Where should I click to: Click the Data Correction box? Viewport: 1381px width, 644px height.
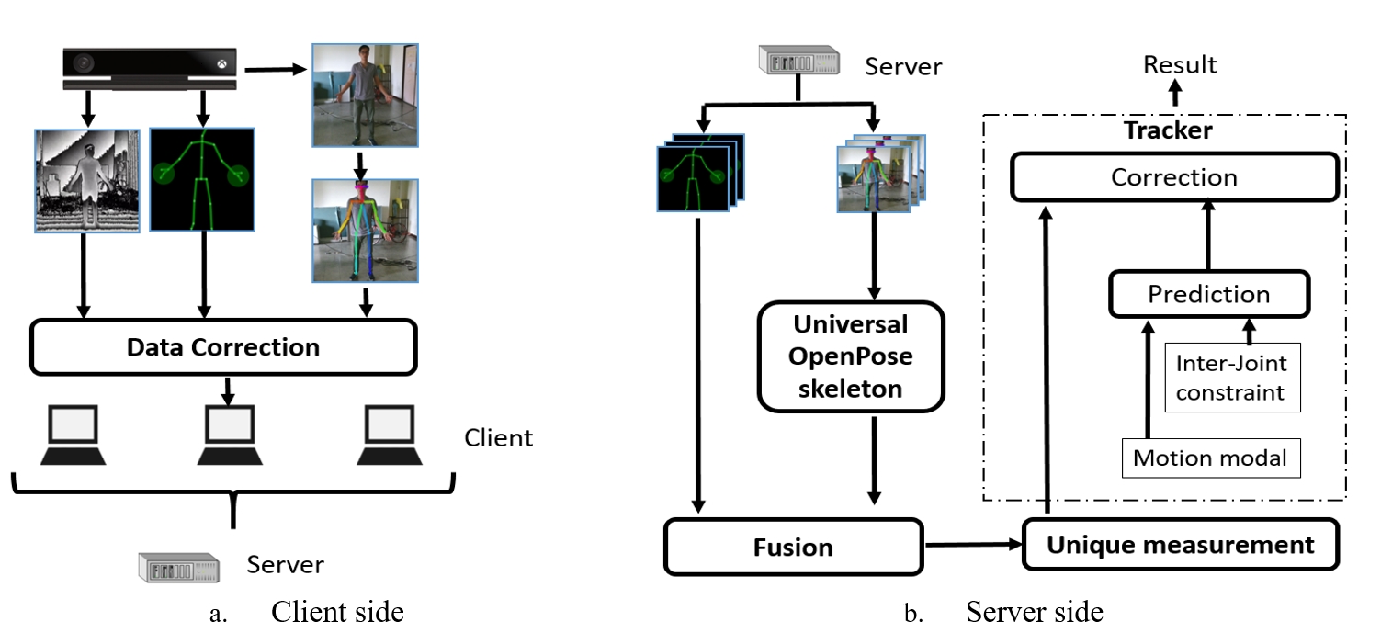coord(223,348)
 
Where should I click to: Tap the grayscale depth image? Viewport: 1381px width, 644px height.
coord(86,180)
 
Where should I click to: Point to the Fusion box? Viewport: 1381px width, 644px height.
coord(792,548)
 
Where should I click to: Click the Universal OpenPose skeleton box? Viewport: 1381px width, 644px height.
coord(851,356)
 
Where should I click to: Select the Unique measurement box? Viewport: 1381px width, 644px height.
coord(1181,545)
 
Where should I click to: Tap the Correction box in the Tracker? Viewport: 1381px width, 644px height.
coord(1173,176)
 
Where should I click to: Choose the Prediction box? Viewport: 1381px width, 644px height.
coord(1208,294)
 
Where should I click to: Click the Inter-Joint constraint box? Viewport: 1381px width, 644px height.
coord(1231,377)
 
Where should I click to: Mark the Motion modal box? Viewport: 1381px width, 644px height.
coord(1209,458)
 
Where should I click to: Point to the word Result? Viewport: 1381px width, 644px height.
coord(1180,65)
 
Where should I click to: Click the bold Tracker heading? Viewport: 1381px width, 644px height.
coord(1168,130)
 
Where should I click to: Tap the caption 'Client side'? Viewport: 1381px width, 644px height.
coord(336,612)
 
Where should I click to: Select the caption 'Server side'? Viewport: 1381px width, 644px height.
coord(1034,612)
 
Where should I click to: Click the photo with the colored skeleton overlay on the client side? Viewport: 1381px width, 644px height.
coord(365,230)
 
